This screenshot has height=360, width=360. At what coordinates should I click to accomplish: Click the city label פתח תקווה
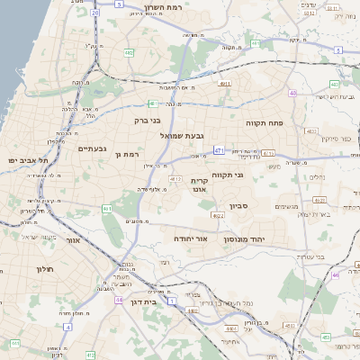point(264,119)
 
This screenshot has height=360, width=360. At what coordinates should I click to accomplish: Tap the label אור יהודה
point(191,239)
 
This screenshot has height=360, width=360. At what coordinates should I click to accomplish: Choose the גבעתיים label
point(93,148)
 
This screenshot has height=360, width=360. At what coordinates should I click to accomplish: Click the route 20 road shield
point(95,13)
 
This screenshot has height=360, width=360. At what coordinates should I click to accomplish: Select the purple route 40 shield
point(292,93)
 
